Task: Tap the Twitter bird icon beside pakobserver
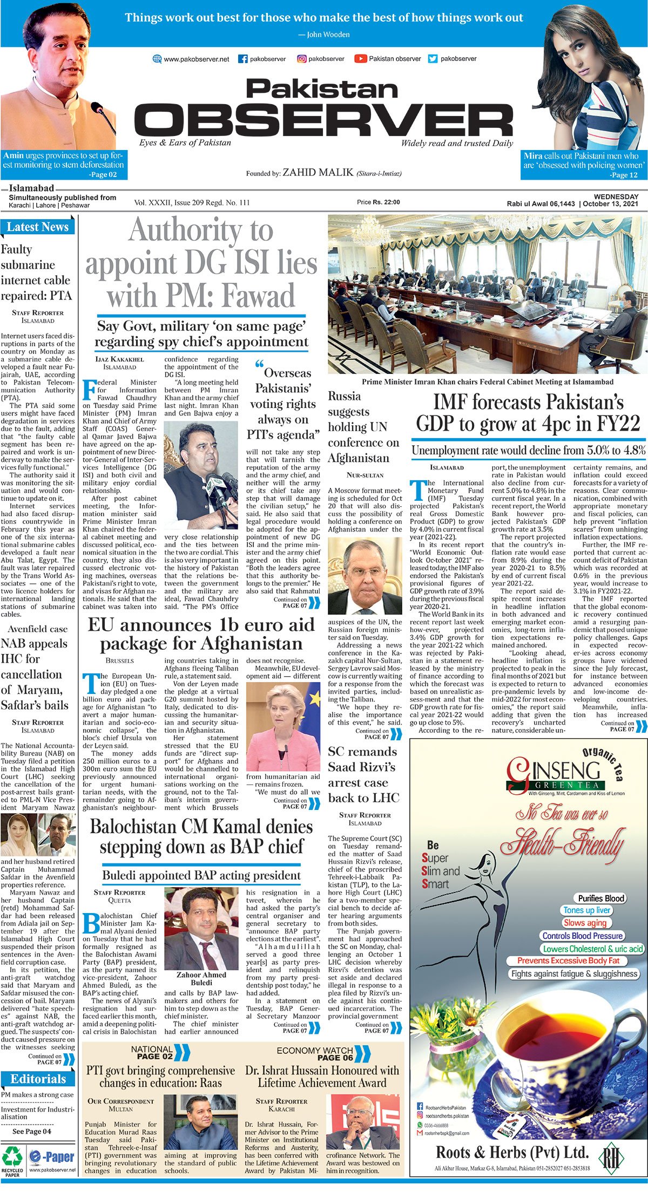coord(433,59)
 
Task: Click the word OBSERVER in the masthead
coord(323,120)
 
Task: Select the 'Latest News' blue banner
coord(37,227)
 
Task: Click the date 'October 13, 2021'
coord(611,204)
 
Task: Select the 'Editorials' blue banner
coord(38,1079)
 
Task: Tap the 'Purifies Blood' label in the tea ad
coord(601,898)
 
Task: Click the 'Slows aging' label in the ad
coord(585,923)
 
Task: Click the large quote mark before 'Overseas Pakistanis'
coord(259,365)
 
